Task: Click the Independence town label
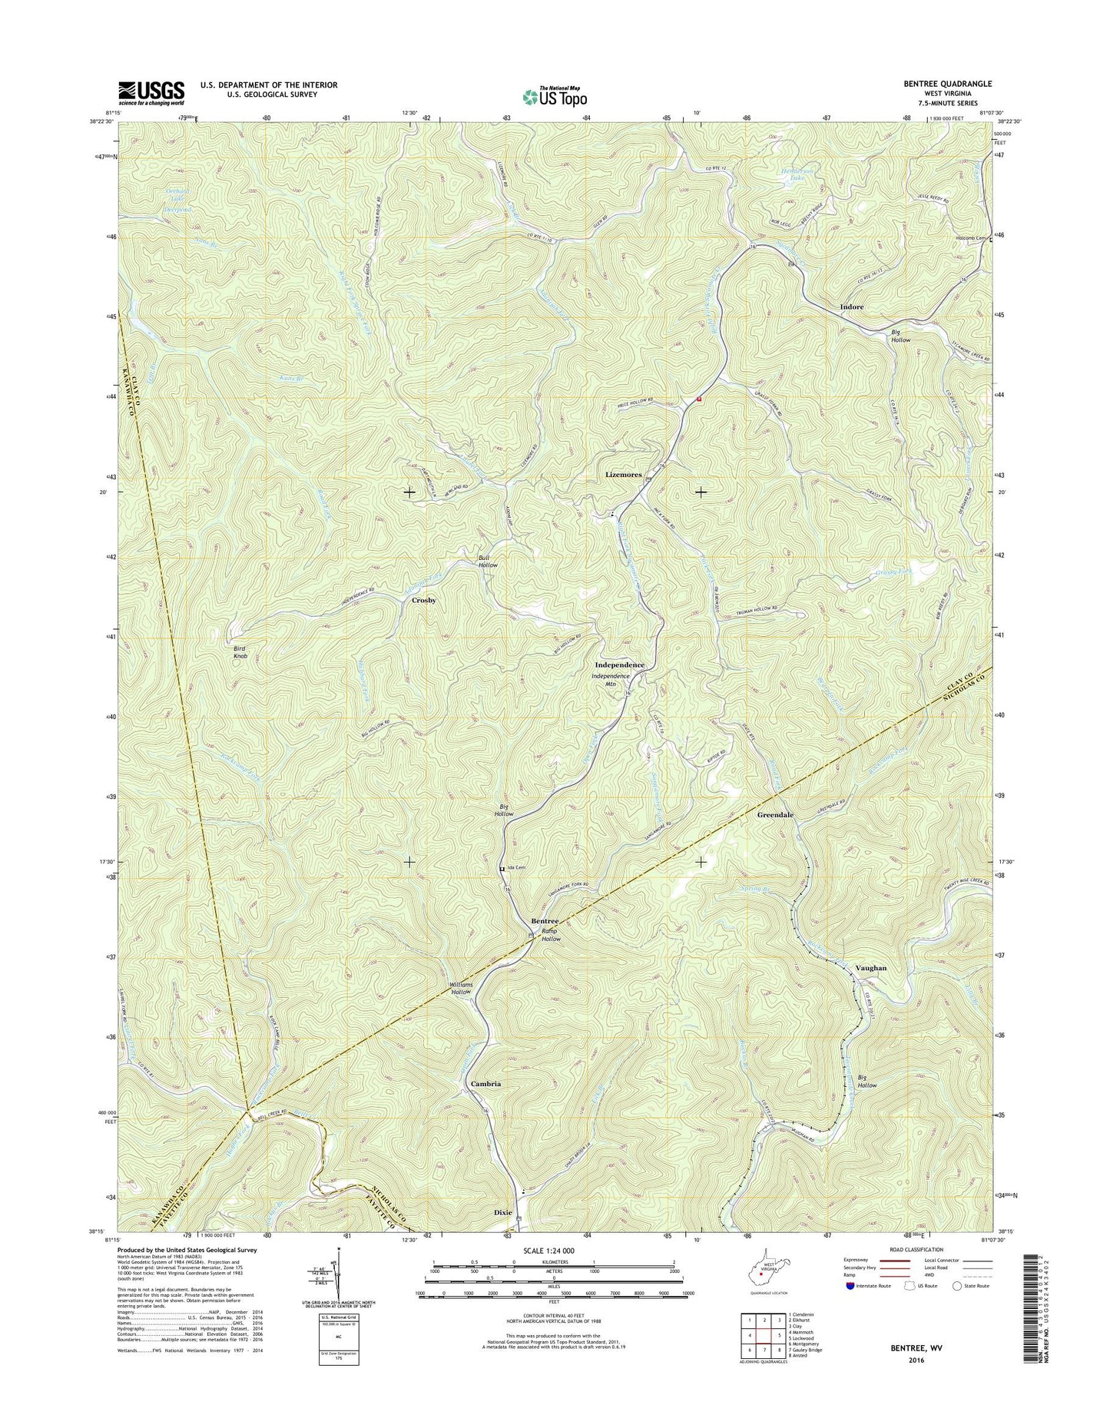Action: (x=619, y=664)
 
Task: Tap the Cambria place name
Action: (x=485, y=1083)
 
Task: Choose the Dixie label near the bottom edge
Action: (x=502, y=1212)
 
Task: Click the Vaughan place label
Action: (x=870, y=968)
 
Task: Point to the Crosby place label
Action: (x=423, y=600)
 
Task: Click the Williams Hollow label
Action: (x=460, y=988)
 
